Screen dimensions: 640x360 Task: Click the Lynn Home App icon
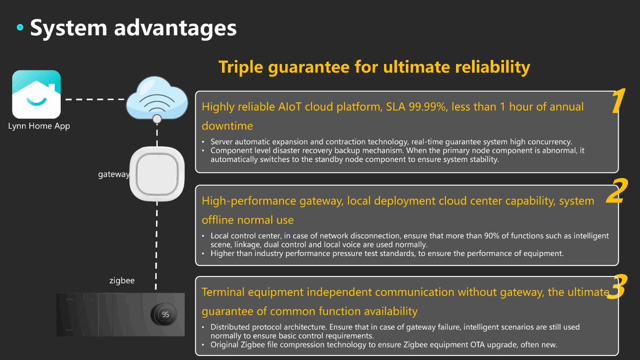(x=36, y=94)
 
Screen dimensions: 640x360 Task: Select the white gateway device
(x=157, y=174)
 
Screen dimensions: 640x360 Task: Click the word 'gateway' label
(x=114, y=174)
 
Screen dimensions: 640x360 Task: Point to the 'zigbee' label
(x=122, y=280)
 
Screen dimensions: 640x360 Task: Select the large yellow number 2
(x=617, y=191)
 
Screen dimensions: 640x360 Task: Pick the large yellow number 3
(x=617, y=286)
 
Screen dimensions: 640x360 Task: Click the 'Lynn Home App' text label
(x=39, y=126)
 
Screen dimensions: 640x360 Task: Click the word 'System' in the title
(x=68, y=28)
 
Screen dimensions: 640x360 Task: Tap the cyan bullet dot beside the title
(x=20, y=27)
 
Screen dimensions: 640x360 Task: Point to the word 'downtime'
(x=228, y=126)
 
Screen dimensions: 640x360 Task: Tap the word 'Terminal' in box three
(x=223, y=292)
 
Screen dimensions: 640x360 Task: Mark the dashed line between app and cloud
(x=96, y=100)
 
